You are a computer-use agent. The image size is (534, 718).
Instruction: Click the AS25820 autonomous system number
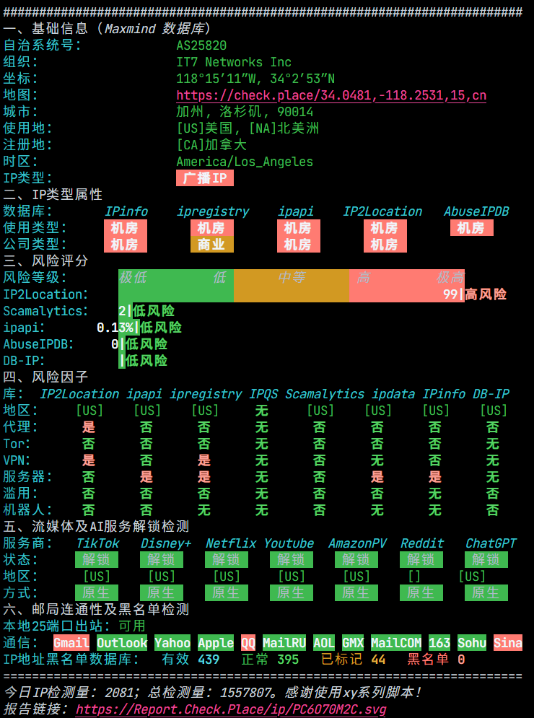(201, 45)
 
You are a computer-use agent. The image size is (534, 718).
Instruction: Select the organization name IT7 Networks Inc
(234, 62)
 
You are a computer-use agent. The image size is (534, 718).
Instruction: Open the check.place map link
(331, 95)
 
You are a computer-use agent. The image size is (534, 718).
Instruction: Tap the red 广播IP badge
(205, 178)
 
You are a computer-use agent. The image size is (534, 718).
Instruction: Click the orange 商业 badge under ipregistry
(212, 244)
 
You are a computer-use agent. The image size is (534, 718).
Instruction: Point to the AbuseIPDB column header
(476, 211)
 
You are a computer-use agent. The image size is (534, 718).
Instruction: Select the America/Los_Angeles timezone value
(245, 162)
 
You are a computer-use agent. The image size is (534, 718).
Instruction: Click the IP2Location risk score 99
(450, 294)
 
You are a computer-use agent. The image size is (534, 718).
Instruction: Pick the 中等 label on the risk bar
(292, 278)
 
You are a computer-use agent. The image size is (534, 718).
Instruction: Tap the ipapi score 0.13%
(115, 328)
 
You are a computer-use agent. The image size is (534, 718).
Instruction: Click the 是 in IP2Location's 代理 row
(88, 426)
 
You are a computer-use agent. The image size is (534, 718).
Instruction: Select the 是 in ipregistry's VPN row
(203, 460)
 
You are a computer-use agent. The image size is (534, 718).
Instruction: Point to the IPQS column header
(263, 394)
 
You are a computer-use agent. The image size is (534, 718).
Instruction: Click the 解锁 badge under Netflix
(227, 559)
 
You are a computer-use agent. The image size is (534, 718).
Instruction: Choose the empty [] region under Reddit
(414, 576)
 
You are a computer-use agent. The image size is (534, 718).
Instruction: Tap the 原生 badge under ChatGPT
(486, 592)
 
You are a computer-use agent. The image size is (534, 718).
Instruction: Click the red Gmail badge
(71, 642)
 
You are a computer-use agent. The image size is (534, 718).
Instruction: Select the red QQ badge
(248, 642)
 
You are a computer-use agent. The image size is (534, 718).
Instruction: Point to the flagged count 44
(378, 660)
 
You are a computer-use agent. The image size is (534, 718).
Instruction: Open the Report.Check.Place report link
(231, 709)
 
